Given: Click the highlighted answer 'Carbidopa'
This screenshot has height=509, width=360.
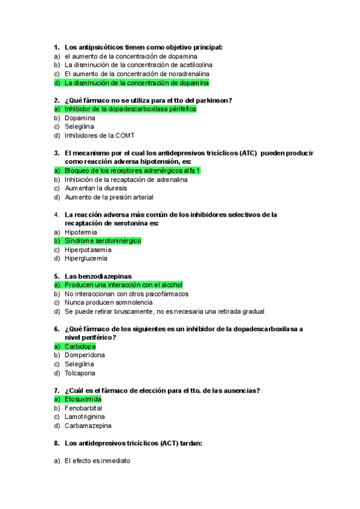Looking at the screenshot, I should click(80, 346).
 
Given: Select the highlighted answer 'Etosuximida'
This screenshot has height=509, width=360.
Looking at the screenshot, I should click(83, 399).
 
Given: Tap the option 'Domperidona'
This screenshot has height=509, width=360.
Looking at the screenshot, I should click(85, 355).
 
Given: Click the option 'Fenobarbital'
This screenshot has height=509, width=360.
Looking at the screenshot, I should click(83, 408).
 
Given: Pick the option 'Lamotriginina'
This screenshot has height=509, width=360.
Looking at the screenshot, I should click(85, 417).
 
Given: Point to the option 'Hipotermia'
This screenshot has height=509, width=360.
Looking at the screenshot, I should click(81, 232).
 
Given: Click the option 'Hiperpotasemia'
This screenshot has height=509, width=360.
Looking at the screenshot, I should click(88, 250).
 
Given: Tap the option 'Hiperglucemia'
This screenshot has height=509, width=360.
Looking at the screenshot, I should click(86, 259).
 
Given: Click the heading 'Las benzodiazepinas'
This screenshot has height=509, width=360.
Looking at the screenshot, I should click(98, 276).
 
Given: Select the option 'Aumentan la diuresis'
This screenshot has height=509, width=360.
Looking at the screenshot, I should click(95, 188).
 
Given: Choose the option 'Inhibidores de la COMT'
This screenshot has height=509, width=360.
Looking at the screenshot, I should click(100, 136).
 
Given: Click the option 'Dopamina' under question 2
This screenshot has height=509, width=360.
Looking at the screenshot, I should click(80, 118).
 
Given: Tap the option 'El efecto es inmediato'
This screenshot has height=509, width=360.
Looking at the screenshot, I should click(97, 461).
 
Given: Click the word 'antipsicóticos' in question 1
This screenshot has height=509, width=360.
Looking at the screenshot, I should click(98, 47).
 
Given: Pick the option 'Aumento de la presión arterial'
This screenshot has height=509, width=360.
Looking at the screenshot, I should click(109, 197).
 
